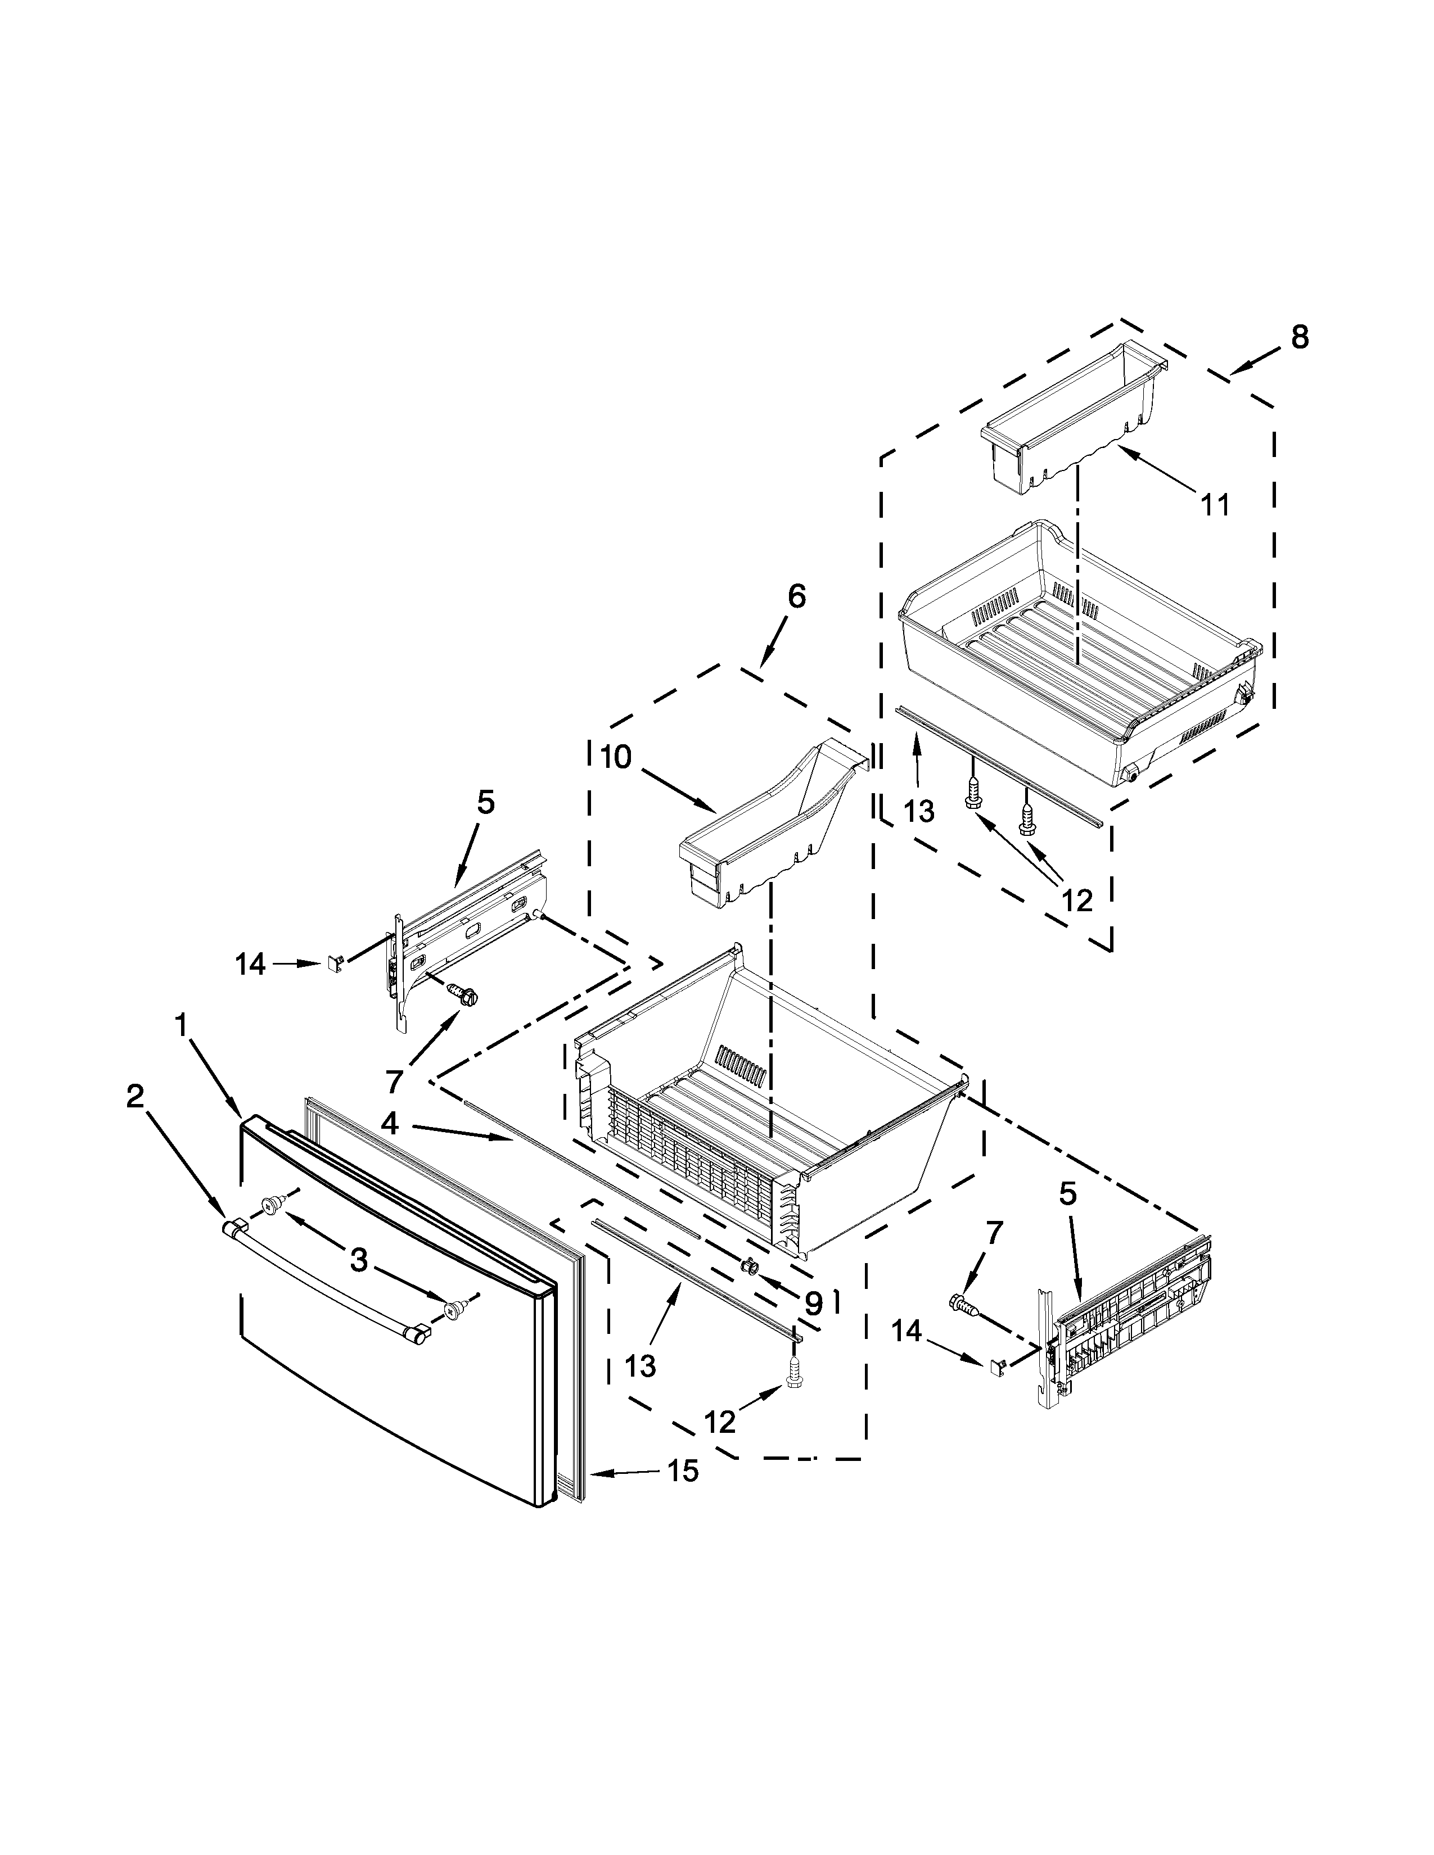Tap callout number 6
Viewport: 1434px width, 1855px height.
[x=795, y=596]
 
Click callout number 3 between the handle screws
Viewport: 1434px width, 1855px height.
[x=359, y=1260]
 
